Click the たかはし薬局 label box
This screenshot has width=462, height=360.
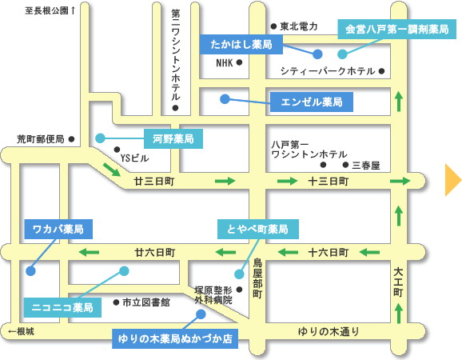point(241,45)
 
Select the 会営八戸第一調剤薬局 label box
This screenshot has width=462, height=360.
point(397,29)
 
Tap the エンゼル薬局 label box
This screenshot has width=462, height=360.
point(312,102)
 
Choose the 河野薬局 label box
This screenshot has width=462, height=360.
point(173,138)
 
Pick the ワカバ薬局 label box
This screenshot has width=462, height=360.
point(58,229)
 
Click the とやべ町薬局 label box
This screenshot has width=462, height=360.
point(258,229)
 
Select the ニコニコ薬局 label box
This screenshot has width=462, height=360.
point(62,307)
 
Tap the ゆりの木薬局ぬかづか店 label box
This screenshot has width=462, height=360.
point(175,338)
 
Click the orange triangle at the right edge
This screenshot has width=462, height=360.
point(452,180)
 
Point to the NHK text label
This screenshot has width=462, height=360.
point(225,63)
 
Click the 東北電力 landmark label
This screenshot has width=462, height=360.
point(299,26)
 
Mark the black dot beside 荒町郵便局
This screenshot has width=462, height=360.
point(71,139)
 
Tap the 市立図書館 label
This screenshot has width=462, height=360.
point(146,302)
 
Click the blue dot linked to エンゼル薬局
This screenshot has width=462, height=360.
point(225,99)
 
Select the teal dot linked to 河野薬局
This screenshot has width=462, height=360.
point(100,138)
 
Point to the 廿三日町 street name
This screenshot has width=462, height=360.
point(154,181)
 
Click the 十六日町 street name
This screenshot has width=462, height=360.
point(329,252)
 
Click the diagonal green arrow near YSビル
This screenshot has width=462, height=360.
point(112,170)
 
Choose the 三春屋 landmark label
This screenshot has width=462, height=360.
point(366,166)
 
